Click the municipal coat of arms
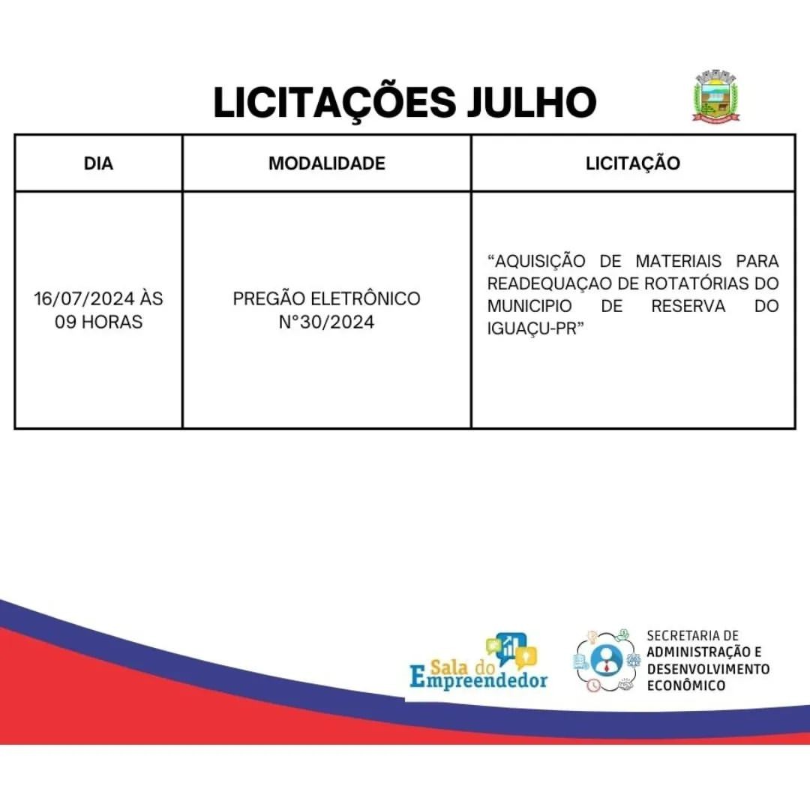pyautogui.click(x=715, y=94)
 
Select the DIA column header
pyautogui.click(x=99, y=163)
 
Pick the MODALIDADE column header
pyautogui.click(x=327, y=163)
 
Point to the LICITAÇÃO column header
pyautogui.click(x=633, y=163)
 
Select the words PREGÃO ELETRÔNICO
pyautogui.click(x=327, y=298)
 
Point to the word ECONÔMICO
pyautogui.click(x=686, y=685)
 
